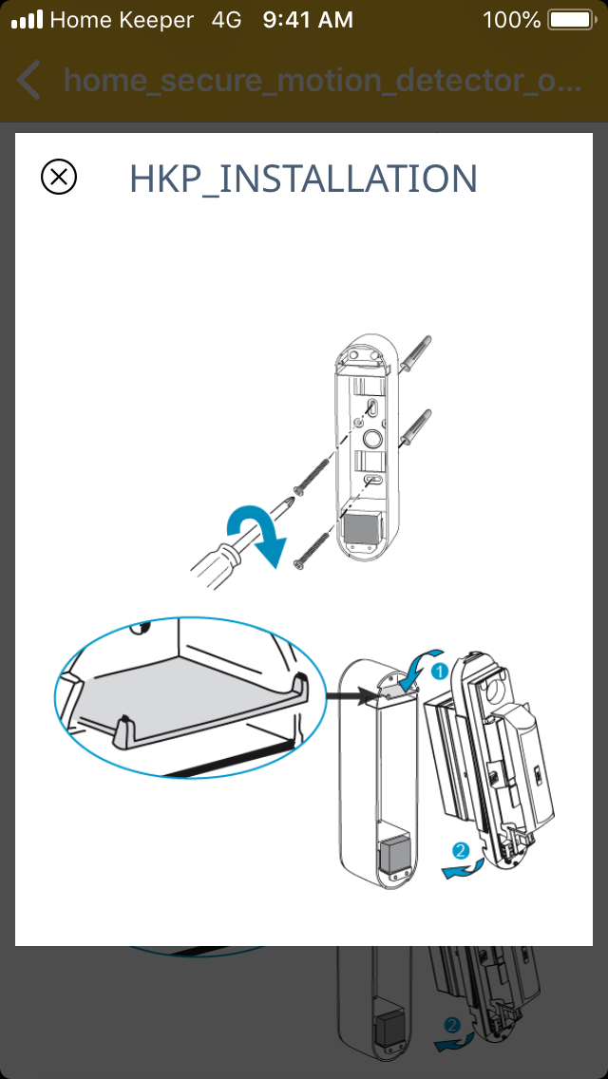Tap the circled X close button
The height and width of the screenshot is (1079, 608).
tap(59, 177)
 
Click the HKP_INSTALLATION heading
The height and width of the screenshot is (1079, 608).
tap(303, 179)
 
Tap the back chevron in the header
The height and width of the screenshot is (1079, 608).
tap(29, 81)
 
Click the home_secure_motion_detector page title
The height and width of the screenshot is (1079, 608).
tap(323, 81)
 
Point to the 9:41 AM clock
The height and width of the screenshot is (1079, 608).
tap(308, 19)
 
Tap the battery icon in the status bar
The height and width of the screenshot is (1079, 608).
tap(570, 19)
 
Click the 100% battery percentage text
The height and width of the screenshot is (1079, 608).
tap(511, 19)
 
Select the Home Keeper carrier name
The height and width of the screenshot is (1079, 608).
tap(122, 19)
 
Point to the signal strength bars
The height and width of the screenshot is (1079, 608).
tap(27, 19)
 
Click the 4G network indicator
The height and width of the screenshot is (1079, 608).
tap(227, 19)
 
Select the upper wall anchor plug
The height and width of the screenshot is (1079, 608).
tap(415, 356)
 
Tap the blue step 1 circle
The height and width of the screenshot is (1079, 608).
tap(440, 672)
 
